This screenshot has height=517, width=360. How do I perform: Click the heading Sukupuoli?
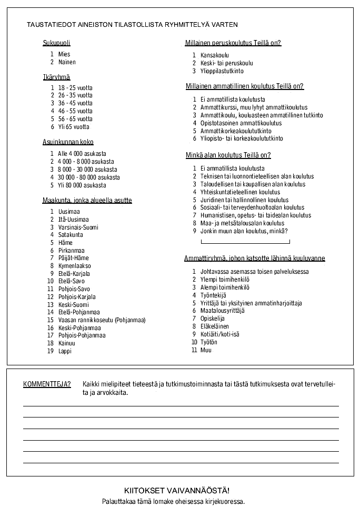[56, 43]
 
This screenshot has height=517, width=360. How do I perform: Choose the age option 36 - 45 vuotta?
[75, 103]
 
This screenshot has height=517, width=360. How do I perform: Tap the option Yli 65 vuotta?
[74, 127]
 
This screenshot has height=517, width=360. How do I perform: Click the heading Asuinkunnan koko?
[68, 142]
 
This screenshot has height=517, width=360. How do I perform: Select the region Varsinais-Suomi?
[78, 227]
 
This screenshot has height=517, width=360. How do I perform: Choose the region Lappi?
[65, 351]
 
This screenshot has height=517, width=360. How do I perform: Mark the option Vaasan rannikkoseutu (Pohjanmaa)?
[102, 320]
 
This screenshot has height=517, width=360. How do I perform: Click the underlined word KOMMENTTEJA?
[47, 384]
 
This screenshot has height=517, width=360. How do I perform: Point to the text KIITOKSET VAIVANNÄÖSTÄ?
[180, 490]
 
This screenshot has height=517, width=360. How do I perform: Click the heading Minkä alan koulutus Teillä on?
[228, 155]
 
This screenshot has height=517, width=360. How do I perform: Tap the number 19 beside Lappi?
[51, 351]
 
